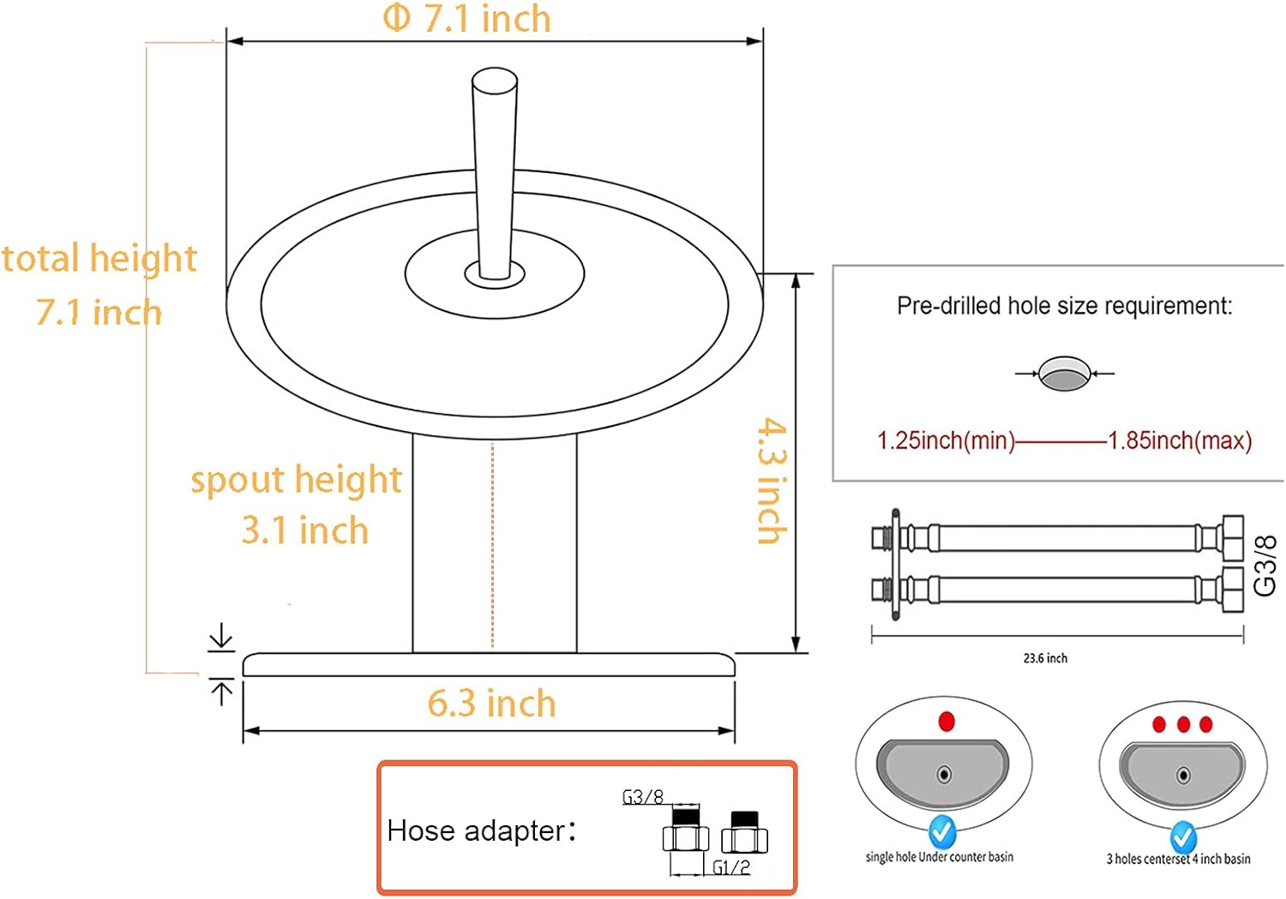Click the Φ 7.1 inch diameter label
tap(466, 19)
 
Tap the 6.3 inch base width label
tap(491, 704)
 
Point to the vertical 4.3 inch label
tap(772, 481)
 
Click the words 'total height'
tap(99, 259)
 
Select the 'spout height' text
tap(296, 480)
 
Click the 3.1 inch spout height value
tap(304, 530)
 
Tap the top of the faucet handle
tap(495, 81)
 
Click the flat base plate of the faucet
tap(489, 665)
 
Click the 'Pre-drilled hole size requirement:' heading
tap(1064, 306)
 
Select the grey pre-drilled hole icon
tap(1064, 374)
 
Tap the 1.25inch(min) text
tap(945, 441)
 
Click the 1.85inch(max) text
tap(1180, 441)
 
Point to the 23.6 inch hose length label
tap(1045, 658)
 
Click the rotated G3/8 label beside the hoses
tap(1265, 566)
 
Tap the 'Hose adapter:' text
tap(481, 830)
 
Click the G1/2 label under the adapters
tap(731, 867)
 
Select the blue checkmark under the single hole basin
tap(942, 830)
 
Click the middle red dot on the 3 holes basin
tap(1183, 725)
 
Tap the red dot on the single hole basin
tap(946, 722)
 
